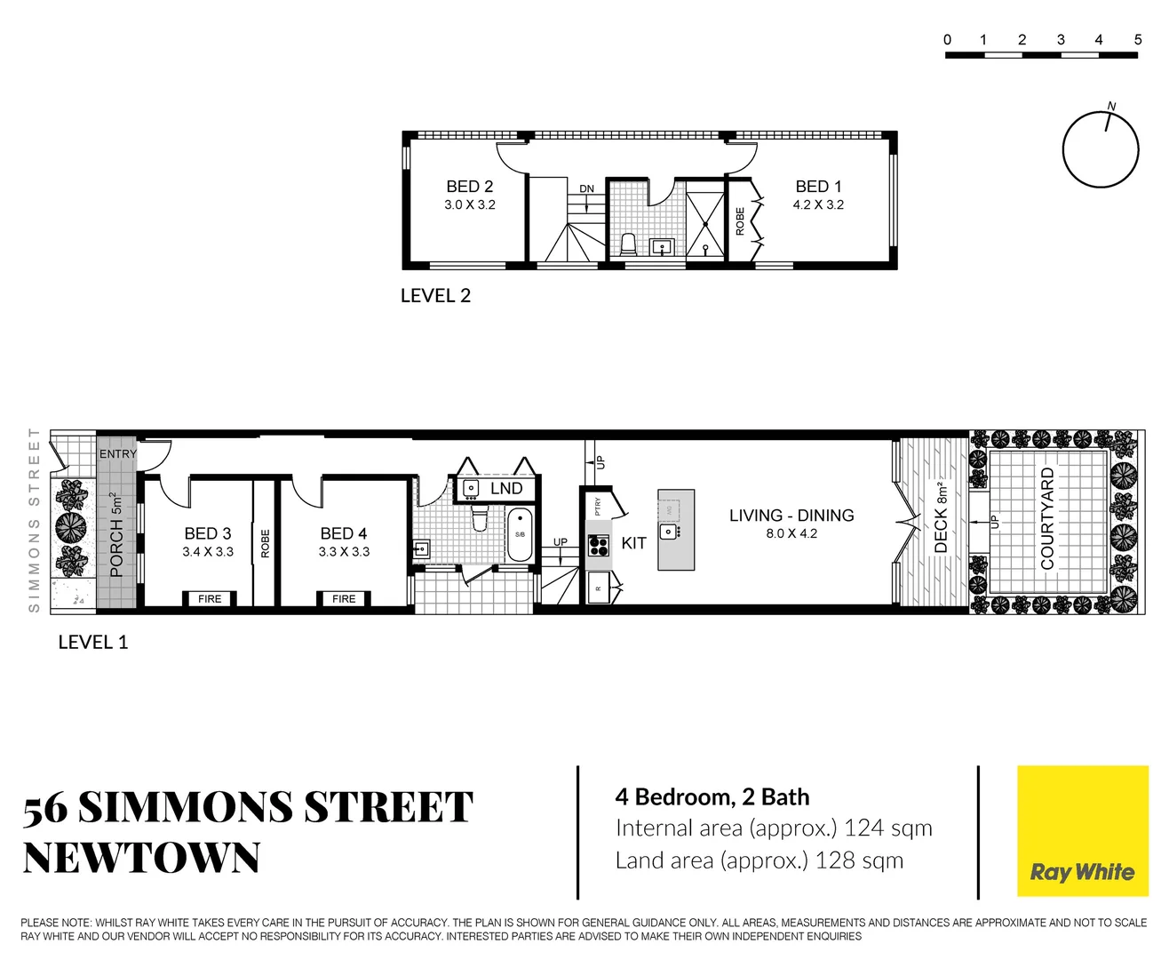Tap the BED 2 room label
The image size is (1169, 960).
(x=469, y=187)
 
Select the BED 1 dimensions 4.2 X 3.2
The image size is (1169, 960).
(x=818, y=204)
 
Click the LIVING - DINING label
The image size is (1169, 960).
(x=791, y=516)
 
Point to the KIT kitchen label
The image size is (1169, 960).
(x=633, y=543)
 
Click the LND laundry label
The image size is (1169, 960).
(x=506, y=488)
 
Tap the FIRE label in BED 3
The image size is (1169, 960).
(x=210, y=599)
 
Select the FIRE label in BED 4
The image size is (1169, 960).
(x=344, y=599)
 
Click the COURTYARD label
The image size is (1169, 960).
(x=1047, y=519)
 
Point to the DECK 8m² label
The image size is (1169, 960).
(x=941, y=517)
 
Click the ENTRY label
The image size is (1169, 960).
(x=118, y=454)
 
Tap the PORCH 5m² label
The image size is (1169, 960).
(x=116, y=535)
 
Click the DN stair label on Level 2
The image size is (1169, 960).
(x=587, y=189)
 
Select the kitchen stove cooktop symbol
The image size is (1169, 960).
(x=599, y=546)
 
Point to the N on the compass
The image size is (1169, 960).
(x=1111, y=107)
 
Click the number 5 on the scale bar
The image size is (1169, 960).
(x=1138, y=40)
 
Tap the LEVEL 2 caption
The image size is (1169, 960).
(x=435, y=296)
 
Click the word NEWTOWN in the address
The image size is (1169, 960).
(x=141, y=859)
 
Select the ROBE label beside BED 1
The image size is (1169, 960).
(x=740, y=220)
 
